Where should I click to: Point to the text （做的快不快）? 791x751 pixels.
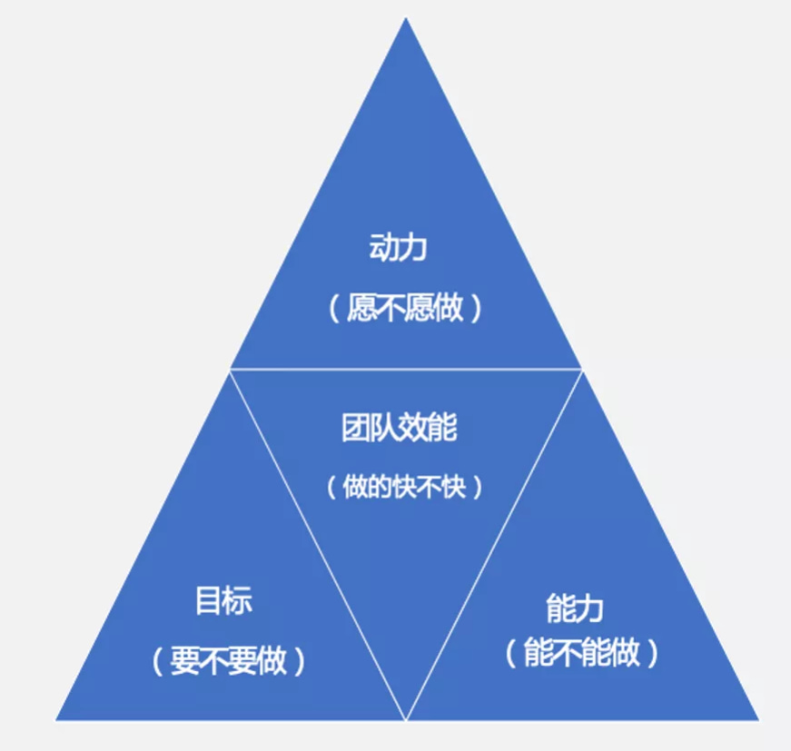(x=405, y=488)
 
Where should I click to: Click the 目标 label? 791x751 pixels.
(x=223, y=601)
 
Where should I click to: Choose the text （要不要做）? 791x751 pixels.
(x=229, y=660)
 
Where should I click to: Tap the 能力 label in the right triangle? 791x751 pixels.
(x=575, y=607)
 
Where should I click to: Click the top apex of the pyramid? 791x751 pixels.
(x=406, y=20)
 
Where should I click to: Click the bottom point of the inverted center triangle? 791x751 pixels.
(x=406, y=717)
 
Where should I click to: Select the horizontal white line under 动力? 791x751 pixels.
(x=406, y=369)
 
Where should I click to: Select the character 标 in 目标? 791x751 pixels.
(x=238, y=601)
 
